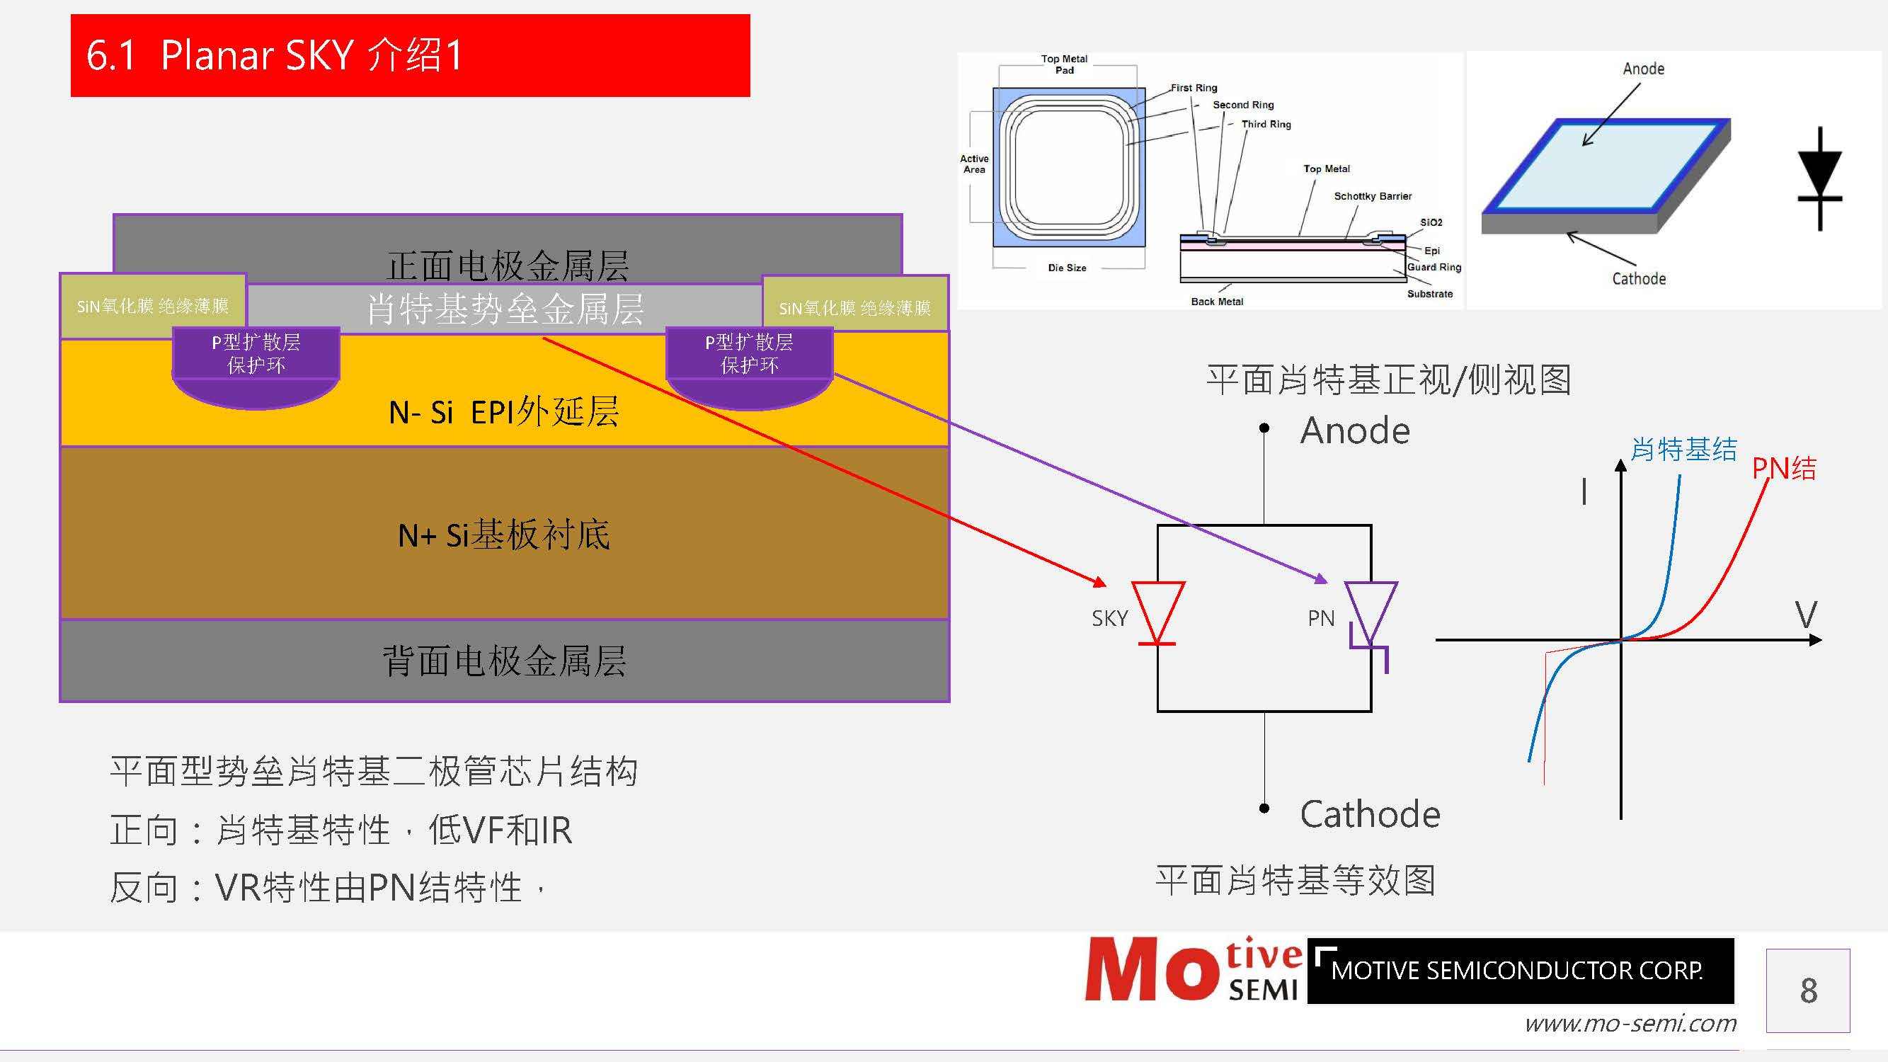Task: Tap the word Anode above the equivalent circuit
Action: pyautogui.click(x=1354, y=431)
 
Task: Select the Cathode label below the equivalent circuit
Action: pyautogui.click(x=1369, y=814)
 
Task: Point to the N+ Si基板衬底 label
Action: pyautogui.click(x=503, y=535)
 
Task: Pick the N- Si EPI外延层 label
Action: pyautogui.click(x=503, y=412)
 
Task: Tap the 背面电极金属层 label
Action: pyautogui.click(x=503, y=661)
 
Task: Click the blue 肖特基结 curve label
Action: pyautogui.click(x=1683, y=450)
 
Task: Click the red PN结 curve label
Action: pyautogui.click(x=1784, y=468)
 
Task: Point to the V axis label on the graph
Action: pyautogui.click(x=1806, y=614)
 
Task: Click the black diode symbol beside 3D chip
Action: pyautogui.click(x=1820, y=179)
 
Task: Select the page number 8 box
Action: pyautogui.click(x=1807, y=990)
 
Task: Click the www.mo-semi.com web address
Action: pyautogui.click(x=1630, y=1023)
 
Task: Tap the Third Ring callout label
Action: pyautogui.click(x=1266, y=125)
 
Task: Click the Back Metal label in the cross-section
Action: pyautogui.click(x=1217, y=301)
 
